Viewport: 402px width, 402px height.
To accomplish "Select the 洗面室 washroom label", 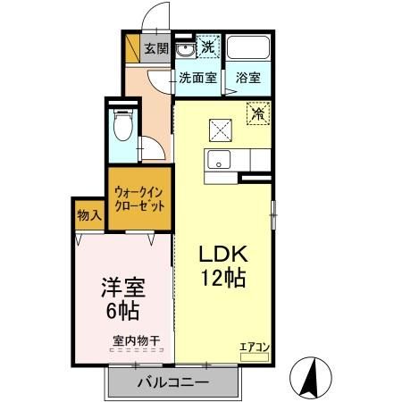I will click(x=197, y=78).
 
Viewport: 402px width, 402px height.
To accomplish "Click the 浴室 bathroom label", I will click(x=248, y=78).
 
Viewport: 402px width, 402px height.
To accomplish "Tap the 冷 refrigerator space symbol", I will click(x=257, y=114).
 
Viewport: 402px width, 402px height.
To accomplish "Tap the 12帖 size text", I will click(x=222, y=279).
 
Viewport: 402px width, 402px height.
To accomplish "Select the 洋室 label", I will click(x=123, y=289).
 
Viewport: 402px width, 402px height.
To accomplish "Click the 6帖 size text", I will click(x=123, y=313).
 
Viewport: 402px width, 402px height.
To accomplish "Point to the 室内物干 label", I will click(x=136, y=339).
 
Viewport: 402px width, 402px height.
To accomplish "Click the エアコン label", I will click(x=253, y=346).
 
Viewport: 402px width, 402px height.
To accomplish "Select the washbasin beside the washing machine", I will click(x=184, y=48).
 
